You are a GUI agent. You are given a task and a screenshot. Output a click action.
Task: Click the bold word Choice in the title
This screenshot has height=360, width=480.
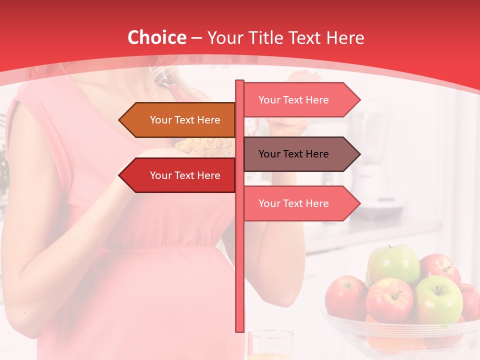(x=156, y=38)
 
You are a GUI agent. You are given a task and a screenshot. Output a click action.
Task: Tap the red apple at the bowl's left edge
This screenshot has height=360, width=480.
(x=345, y=297)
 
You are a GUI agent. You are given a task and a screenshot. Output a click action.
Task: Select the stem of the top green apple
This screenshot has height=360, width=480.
(x=390, y=247)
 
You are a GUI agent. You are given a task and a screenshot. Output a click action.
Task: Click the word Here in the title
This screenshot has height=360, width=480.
(x=345, y=38)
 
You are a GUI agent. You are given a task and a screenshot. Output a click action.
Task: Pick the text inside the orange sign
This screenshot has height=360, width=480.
(x=185, y=120)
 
